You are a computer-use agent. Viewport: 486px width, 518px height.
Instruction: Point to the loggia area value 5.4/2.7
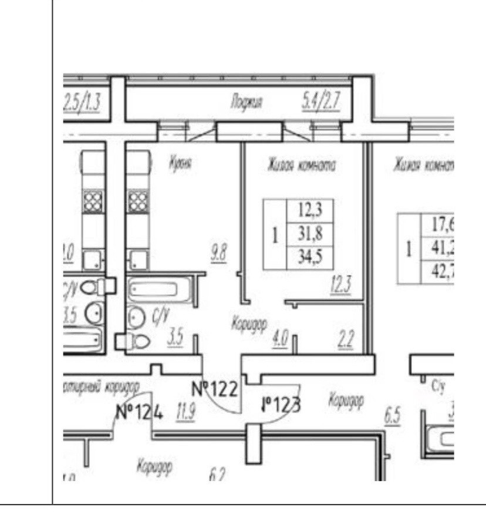point(316,103)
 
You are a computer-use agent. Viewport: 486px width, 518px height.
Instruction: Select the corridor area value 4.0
point(280,339)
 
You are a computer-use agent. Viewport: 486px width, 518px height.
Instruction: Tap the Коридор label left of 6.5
point(346,400)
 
